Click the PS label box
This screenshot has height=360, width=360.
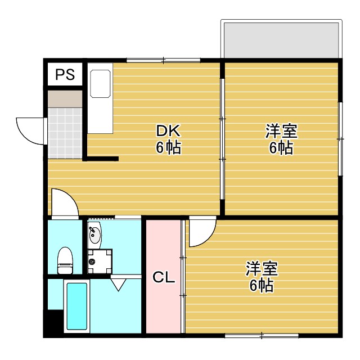(x=65, y=74)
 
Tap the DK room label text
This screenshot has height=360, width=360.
(x=168, y=132)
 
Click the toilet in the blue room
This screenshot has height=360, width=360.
(x=65, y=260)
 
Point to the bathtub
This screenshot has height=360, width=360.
(x=76, y=307)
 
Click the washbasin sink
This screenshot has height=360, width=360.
(x=94, y=235)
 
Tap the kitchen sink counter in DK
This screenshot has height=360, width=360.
(x=101, y=98)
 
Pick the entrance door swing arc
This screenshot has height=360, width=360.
(x=29, y=129)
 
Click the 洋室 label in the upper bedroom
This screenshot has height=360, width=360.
(x=281, y=132)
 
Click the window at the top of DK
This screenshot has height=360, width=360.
(x=163, y=60)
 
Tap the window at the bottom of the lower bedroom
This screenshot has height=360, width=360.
(x=262, y=335)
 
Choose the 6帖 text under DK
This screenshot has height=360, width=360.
(x=168, y=148)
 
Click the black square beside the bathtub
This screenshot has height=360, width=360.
(x=55, y=323)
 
